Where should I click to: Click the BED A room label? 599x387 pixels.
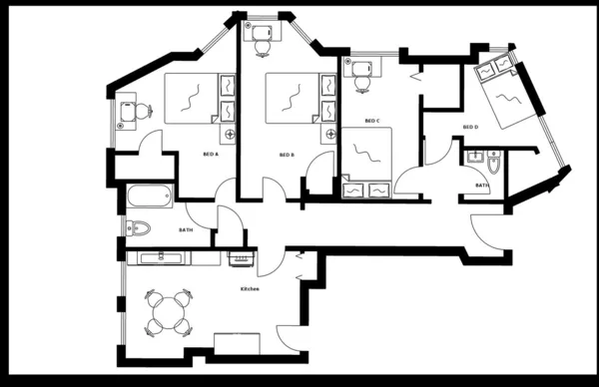point(210,155)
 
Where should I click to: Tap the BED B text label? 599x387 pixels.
point(288,155)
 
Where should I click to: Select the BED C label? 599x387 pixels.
point(372,122)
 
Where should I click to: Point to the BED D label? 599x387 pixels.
point(470,127)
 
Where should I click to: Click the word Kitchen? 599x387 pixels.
point(250,288)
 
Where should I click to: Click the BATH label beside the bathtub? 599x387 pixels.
point(186,230)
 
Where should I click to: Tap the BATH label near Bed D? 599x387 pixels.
point(482,186)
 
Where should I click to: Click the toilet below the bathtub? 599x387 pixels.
point(138,228)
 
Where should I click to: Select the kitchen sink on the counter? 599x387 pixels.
point(159,258)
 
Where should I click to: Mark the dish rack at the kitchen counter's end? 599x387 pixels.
point(241,259)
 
